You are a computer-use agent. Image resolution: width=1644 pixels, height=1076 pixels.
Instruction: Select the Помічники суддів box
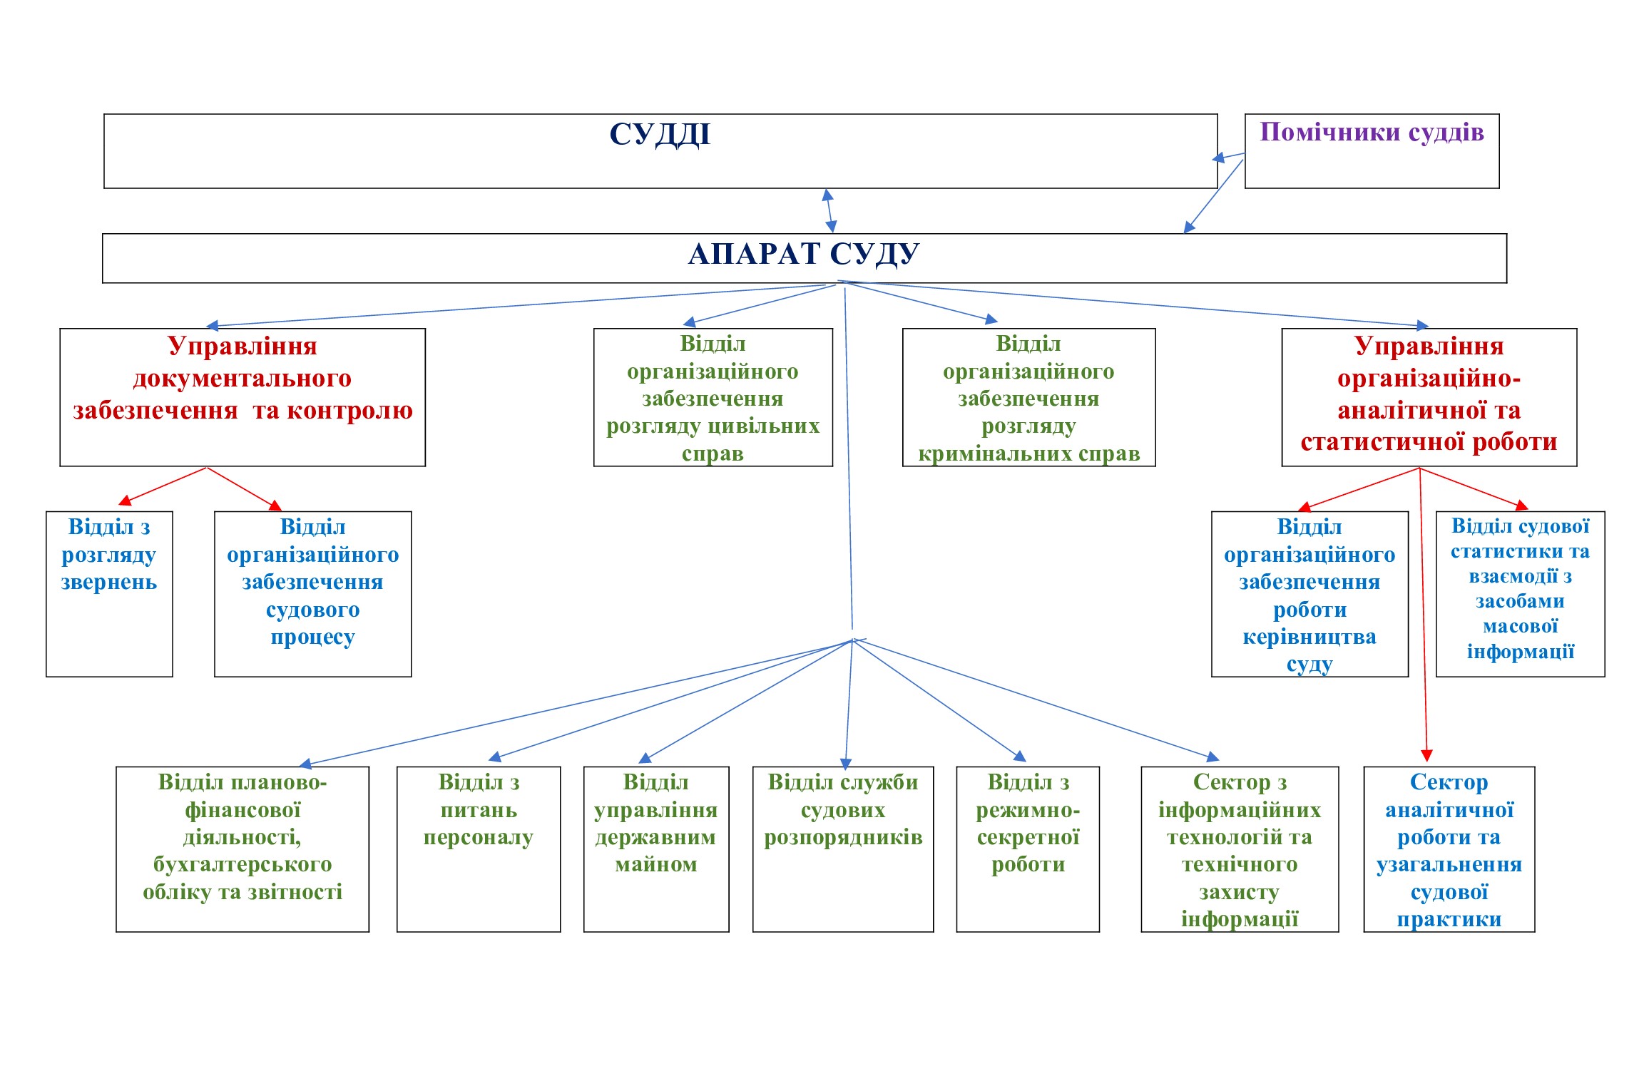(x=1372, y=150)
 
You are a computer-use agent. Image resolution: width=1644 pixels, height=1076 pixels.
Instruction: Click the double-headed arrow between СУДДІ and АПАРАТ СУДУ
(x=829, y=210)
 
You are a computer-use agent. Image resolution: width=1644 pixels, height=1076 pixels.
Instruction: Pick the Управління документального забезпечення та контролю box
(x=242, y=397)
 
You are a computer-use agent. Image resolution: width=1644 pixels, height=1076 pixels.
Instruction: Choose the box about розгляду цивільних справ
(x=713, y=398)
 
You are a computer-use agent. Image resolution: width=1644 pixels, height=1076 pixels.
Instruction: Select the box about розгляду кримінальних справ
(x=1028, y=398)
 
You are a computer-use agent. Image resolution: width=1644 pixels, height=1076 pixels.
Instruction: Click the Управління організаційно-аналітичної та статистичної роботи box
(x=1429, y=397)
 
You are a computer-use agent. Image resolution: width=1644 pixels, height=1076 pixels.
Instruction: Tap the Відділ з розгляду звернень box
(x=109, y=593)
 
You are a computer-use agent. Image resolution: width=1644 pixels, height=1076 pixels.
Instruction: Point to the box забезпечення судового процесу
(x=312, y=593)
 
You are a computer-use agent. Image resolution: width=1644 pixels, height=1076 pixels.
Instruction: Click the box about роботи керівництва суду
(x=1309, y=593)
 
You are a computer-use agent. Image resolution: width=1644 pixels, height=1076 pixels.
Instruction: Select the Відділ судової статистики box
(x=1520, y=593)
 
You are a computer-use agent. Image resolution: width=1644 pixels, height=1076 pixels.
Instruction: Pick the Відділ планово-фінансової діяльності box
(x=242, y=849)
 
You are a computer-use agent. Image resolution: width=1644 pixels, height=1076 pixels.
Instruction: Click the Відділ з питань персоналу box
(x=479, y=849)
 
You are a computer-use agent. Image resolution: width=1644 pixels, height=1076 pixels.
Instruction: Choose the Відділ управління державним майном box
(x=656, y=849)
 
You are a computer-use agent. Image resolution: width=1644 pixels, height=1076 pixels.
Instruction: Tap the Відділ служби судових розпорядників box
(x=843, y=849)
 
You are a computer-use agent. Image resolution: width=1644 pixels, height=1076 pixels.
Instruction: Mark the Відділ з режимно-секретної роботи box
(x=1028, y=849)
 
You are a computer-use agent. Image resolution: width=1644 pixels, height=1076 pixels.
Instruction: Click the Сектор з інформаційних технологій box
(x=1240, y=849)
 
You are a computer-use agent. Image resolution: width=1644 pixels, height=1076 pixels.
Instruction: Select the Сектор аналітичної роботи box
(x=1449, y=849)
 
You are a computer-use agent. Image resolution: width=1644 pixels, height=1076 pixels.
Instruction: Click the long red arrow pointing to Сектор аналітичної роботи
(x=1423, y=613)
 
